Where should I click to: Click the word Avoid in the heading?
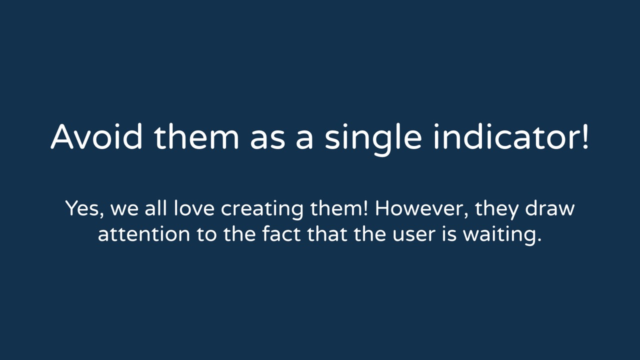pos(96,136)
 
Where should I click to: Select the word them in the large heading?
pos(196,136)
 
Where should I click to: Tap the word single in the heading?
pos(373,139)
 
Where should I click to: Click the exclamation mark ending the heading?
pos(584,136)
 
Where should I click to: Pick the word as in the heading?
pos(267,139)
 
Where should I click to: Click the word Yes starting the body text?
pos(83,208)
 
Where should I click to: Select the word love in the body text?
pos(194,208)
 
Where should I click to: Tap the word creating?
pos(262,210)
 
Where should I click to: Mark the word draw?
pos(549,208)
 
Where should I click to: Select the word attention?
pos(143,234)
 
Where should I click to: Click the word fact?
pos(281,234)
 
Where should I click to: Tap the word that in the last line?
pos(327,234)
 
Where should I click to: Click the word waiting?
pos(499,236)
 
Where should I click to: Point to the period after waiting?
pos(539,240)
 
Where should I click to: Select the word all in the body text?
pos(155,208)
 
